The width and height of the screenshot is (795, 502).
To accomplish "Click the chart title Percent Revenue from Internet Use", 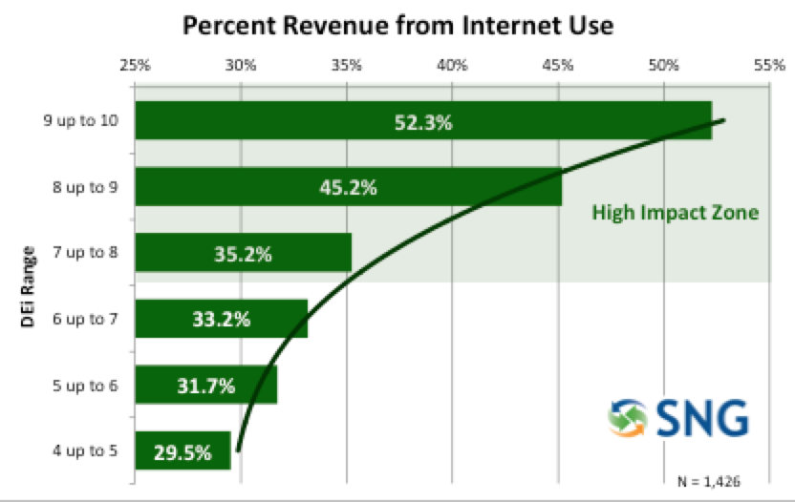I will (397, 26).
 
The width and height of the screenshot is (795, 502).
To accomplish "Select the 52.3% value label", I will (422, 122).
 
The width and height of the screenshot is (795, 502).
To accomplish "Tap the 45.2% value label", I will (348, 188).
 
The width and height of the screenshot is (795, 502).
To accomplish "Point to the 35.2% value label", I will (243, 255).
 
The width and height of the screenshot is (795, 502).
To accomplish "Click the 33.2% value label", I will (221, 320).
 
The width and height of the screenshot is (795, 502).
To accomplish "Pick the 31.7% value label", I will (205, 387).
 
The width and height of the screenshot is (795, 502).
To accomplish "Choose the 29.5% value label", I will (182, 452).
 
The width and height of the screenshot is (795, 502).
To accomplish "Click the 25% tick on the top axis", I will (135, 66).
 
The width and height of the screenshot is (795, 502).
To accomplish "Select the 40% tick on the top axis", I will (451, 66).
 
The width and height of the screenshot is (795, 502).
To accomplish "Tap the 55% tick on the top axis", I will (768, 66).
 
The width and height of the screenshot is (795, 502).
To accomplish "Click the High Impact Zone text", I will (675, 212).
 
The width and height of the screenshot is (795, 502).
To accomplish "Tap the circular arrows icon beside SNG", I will (631, 417).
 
